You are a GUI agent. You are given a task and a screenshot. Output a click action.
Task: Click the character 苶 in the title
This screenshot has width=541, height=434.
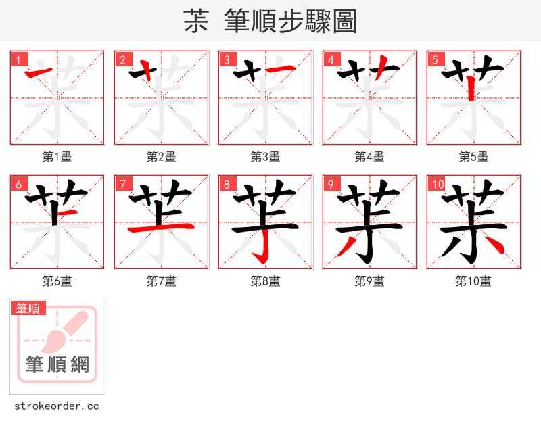click(x=196, y=22)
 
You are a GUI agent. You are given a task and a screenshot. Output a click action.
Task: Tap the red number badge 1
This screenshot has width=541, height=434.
click(x=18, y=59)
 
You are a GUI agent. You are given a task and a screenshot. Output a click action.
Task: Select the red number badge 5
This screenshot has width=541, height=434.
click(x=435, y=59)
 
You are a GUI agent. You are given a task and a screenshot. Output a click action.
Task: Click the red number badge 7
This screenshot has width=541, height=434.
click(x=122, y=184)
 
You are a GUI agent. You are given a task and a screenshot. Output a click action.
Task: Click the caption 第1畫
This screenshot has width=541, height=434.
click(x=57, y=157)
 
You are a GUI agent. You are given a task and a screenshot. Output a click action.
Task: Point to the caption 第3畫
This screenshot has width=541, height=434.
click(x=266, y=157)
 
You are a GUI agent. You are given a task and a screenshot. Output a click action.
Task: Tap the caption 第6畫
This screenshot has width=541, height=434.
click(x=57, y=281)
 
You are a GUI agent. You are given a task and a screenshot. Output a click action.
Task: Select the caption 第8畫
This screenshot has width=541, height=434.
click(x=266, y=281)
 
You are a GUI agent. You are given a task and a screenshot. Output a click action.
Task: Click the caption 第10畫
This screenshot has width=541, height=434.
click(x=473, y=281)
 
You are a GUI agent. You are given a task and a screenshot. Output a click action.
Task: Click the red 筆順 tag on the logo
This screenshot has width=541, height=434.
click(x=29, y=308)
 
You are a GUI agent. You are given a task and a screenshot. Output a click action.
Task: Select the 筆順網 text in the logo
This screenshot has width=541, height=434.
click(x=57, y=365)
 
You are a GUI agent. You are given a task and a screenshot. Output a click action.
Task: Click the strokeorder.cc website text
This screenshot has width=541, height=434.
click(x=57, y=406)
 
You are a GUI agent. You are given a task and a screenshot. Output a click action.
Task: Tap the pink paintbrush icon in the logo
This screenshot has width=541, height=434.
click(x=68, y=331)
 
